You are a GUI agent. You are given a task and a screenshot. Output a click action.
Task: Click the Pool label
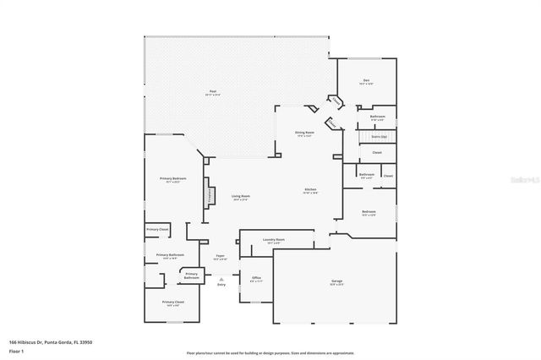tap(212, 92)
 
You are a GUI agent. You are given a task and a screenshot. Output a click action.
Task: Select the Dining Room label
tap(304, 133)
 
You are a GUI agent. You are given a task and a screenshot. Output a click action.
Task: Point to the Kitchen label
tap(310, 190)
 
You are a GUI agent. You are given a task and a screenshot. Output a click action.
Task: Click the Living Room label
tap(241, 197)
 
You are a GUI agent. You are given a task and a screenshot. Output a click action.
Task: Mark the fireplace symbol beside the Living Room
tap(205, 195)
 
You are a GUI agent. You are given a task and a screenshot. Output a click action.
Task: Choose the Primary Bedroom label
tap(172, 179)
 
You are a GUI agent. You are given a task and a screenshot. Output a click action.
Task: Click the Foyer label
tap(220, 256)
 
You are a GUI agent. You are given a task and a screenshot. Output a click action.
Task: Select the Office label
tap(257, 278)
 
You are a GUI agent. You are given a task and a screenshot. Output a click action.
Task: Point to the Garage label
tap(336, 281)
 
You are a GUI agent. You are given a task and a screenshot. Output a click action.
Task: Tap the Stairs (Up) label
tap(377, 136)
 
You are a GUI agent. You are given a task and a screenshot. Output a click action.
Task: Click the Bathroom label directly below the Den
tap(377, 117)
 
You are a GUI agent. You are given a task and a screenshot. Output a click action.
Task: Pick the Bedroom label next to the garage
tap(369, 212)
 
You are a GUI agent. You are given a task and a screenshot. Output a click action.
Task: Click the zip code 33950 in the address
tap(85, 342)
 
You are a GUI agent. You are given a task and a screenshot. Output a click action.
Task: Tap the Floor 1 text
tap(15, 351)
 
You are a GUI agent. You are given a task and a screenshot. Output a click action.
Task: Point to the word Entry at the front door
tap(221, 285)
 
